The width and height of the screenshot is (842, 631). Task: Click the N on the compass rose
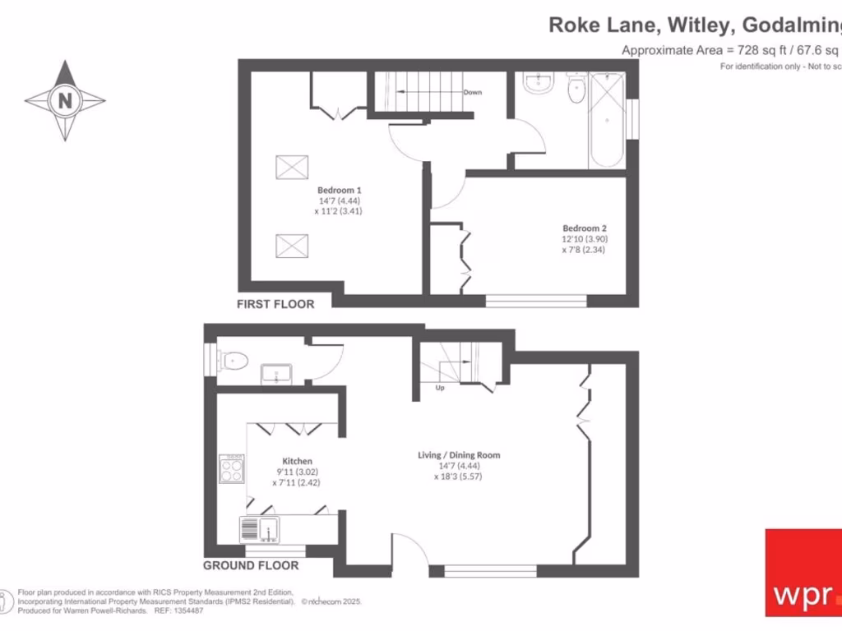pos(64,101)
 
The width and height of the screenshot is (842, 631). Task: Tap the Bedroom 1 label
pos(340,190)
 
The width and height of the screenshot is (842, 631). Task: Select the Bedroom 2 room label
pos(584,228)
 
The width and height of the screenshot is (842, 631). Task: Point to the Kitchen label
pos(297,462)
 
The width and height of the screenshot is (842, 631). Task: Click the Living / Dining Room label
pos(459,455)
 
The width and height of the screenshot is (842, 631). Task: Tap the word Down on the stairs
pos(472,92)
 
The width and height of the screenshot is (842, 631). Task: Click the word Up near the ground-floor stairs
pos(440,388)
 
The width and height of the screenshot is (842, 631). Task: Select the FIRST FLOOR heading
pos(275,304)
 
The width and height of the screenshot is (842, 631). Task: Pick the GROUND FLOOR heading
pos(251,565)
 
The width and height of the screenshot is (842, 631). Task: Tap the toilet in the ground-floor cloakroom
pos(234,359)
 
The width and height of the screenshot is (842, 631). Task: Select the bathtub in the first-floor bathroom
pos(607,120)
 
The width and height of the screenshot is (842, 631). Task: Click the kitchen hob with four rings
pos(231,469)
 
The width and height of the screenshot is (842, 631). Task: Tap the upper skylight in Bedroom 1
pos(291,167)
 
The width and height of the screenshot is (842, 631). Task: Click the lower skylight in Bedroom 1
pos(291,244)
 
